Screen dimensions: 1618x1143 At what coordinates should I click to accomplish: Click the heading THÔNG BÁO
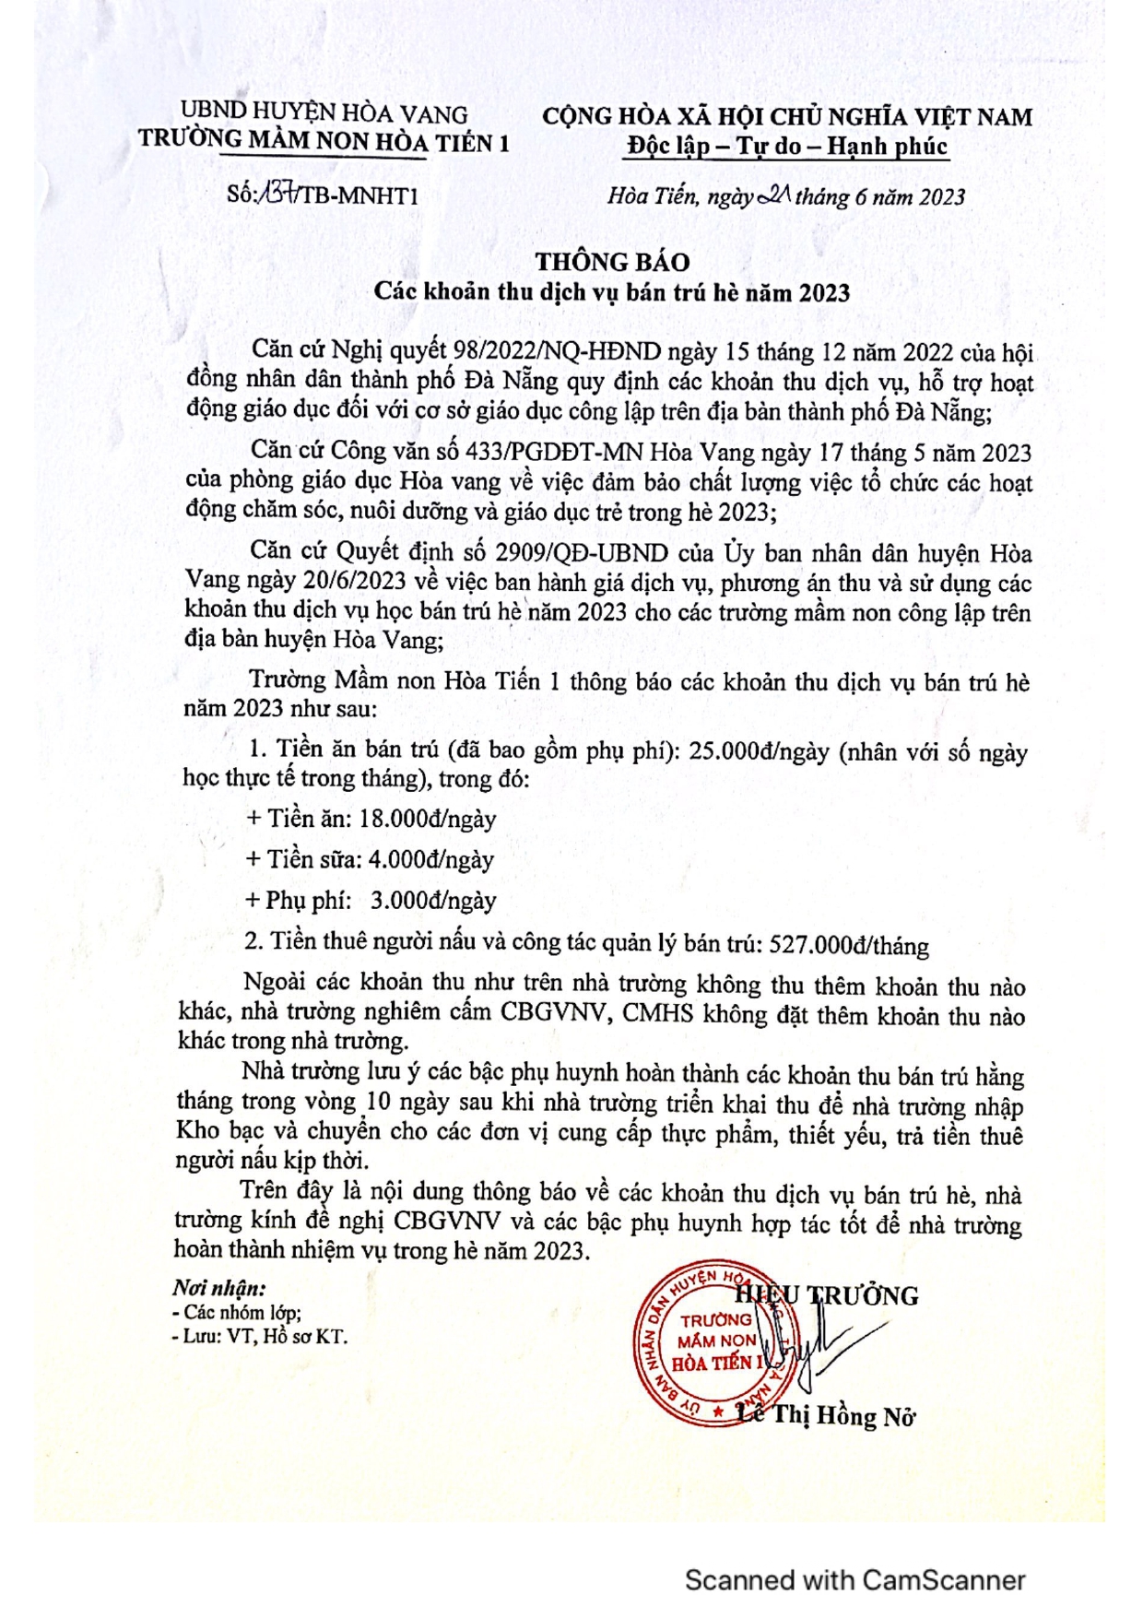click(612, 262)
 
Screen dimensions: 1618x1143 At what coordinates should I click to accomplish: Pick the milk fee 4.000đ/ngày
click(430, 859)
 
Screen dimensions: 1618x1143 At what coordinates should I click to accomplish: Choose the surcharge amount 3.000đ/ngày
click(433, 900)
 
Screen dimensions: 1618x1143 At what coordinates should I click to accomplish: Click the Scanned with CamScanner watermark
click(854, 1580)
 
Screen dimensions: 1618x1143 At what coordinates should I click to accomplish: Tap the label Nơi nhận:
click(219, 1288)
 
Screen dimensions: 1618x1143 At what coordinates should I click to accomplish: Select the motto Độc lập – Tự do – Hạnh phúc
click(786, 146)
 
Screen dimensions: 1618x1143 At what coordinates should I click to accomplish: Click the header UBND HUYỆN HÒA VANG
click(324, 113)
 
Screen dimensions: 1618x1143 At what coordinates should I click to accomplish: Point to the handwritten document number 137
click(277, 194)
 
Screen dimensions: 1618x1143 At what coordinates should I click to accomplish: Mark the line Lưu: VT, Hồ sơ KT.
click(265, 1336)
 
